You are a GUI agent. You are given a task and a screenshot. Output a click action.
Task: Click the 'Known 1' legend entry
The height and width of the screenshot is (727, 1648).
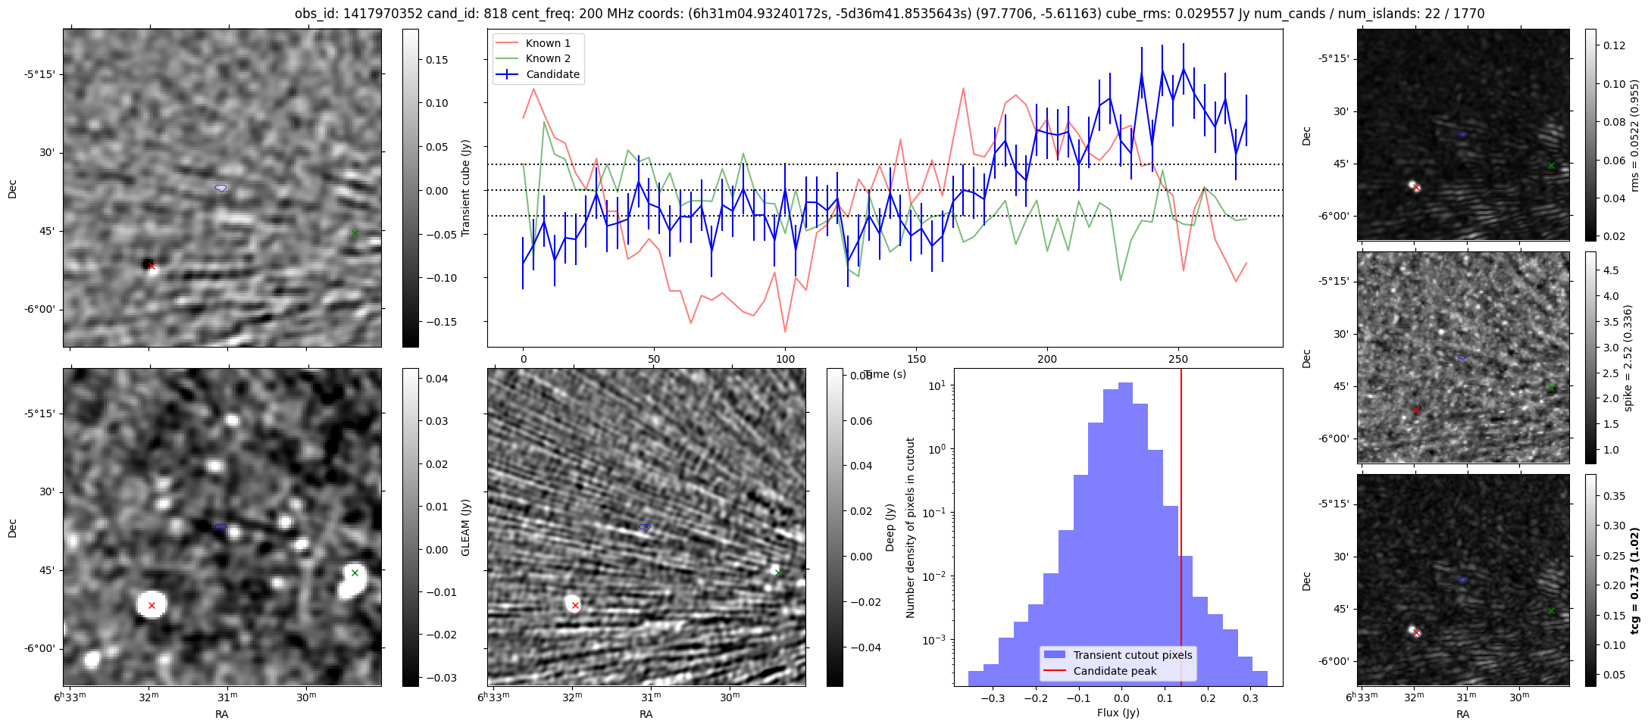pyautogui.click(x=548, y=43)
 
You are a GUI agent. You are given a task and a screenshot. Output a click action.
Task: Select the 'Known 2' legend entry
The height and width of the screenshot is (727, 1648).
pyautogui.click(x=548, y=58)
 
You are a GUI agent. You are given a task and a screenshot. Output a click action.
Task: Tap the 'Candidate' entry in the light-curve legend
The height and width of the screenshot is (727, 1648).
pyautogui.click(x=552, y=74)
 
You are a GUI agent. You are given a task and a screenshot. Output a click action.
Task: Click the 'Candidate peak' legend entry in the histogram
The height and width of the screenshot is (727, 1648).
pyautogui.click(x=1115, y=671)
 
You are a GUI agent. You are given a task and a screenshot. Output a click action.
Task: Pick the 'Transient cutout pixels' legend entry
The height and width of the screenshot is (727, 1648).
pyautogui.click(x=1132, y=655)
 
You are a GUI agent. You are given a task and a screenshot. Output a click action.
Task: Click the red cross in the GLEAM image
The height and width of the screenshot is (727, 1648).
pyautogui.click(x=152, y=605)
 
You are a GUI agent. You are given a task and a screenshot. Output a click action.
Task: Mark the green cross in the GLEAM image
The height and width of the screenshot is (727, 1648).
pyautogui.click(x=355, y=573)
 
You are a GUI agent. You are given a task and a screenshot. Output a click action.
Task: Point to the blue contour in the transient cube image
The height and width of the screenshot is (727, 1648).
pyautogui.click(x=220, y=188)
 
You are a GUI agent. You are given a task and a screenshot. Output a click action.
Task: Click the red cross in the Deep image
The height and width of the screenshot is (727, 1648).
pyautogui.click(x=575, y=605)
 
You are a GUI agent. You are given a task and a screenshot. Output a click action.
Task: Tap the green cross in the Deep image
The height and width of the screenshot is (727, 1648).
pyautogui.click(x=778, y=573)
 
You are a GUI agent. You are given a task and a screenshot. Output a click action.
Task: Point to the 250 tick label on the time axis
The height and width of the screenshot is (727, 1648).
pyautogui.click(x=1177, y=359)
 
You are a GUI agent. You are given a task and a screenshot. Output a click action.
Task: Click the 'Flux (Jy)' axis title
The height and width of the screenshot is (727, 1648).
pyautogui.click(x=1118, y=713)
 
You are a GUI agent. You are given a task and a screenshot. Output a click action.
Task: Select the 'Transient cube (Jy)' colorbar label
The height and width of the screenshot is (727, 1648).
pyautogui.click(x=466, y=188)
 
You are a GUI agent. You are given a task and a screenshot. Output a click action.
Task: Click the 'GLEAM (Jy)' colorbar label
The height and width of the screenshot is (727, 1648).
pyautogui.click(x=466, y=527)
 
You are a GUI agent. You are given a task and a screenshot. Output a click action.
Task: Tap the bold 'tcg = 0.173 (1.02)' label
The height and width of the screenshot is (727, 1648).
pyautogui.click(x=1635, y=581)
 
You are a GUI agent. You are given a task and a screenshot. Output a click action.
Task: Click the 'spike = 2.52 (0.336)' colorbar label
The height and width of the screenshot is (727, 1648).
pyautogui.click(x=1628, y=358)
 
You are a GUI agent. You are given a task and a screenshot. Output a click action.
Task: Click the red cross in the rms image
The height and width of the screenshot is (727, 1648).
pyautogui.click(x=1416, y=187)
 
